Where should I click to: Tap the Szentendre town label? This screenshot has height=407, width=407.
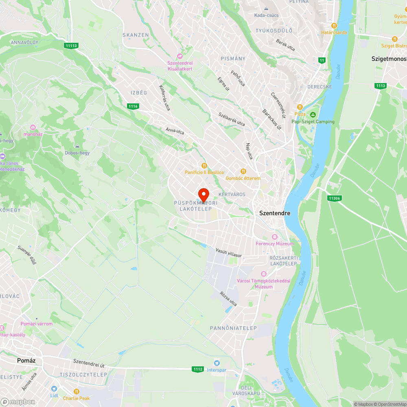tap(275, 213)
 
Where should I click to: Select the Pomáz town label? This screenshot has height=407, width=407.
tap(26, 360)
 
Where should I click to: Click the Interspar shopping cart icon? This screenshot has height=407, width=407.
tap(217, 363)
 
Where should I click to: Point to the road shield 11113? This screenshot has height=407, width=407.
tap(71, 46)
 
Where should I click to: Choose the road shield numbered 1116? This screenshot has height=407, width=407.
tap(133, 106)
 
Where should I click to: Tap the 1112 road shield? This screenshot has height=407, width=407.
tap(198, 369)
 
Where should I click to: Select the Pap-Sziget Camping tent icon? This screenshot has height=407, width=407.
tap(313, 115)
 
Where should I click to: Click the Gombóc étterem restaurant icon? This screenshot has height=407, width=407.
tap(243, 171)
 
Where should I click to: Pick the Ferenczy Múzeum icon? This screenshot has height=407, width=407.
tap(274, 237)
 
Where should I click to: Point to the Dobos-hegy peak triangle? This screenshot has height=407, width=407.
tap(77, 146)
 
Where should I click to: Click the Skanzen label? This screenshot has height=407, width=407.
tap(136, 35)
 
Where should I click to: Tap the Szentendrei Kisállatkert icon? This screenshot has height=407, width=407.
tap(179, 56)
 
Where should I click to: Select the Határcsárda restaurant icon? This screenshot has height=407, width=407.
tap(334, 25)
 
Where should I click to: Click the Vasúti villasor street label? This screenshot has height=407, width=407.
tap(229, 253)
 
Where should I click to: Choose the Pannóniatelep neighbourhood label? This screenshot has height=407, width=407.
tap(233, 328)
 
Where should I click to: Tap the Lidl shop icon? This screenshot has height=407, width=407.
tap(54, 389)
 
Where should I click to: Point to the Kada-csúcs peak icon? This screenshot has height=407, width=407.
tap(266, 9)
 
